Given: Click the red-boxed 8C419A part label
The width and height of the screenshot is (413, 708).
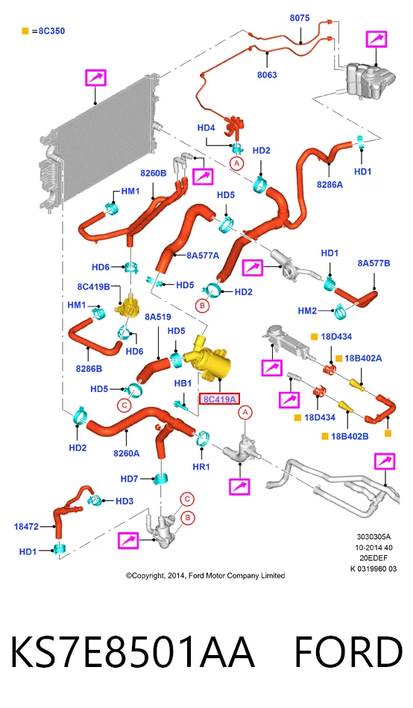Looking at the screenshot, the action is tap(219, 399).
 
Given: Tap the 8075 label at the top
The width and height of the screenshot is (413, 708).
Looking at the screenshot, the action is tap(300, 18).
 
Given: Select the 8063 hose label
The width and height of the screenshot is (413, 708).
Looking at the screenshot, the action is tap(267, 75).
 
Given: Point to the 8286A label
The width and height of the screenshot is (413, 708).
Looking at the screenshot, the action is tap(330, 184).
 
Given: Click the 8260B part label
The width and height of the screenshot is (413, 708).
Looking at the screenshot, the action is tap(153, 173).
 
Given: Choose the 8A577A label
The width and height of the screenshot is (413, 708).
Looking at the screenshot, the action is tap(203, 256).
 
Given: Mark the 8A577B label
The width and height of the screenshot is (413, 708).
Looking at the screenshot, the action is tap(373, 263).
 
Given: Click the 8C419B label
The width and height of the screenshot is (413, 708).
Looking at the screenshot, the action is tap(93, 287).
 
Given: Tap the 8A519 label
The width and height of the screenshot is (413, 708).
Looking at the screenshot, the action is tap(158, 317).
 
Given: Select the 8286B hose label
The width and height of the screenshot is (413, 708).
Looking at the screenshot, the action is tap(89, 368).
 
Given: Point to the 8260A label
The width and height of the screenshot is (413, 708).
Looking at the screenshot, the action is tap(127, 453).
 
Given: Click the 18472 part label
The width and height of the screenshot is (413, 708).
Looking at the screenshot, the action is tap(26, 526).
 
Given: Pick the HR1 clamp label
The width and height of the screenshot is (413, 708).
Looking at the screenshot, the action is tap(201, 467).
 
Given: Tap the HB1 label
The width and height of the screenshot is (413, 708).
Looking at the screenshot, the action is tap(183, 383).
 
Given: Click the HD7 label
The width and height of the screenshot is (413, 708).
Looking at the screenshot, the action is tap(129, 478).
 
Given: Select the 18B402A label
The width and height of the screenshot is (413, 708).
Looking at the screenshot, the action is tap(363, 358).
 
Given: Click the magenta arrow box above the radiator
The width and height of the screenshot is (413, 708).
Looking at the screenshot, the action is tap(95, 78).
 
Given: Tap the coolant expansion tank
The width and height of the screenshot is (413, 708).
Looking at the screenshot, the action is tap(369, 80).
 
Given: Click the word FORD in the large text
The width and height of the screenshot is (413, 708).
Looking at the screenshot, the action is tap(348, 652).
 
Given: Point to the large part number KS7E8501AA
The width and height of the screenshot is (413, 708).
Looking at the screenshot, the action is tap(133, 652).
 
